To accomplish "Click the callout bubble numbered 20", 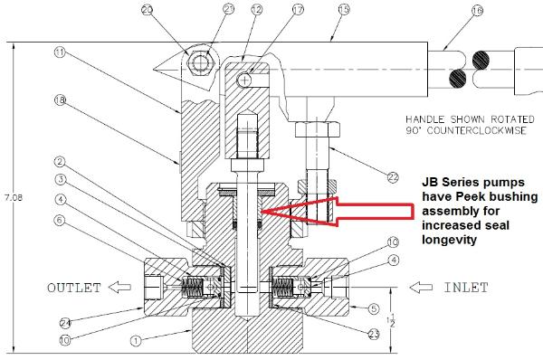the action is click(148, 9).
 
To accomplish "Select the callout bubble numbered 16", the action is click(477, 10).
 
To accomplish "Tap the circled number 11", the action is click(60, 52).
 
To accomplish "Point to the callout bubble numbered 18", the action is click(61, 100).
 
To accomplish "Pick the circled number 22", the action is click(393, 177).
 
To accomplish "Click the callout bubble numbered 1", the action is click(136, 341).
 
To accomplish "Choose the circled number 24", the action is click(65, 323).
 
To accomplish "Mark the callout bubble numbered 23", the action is click(373, 334).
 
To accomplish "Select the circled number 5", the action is click(373, 308).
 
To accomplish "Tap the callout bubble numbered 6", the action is click(60, 220).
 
